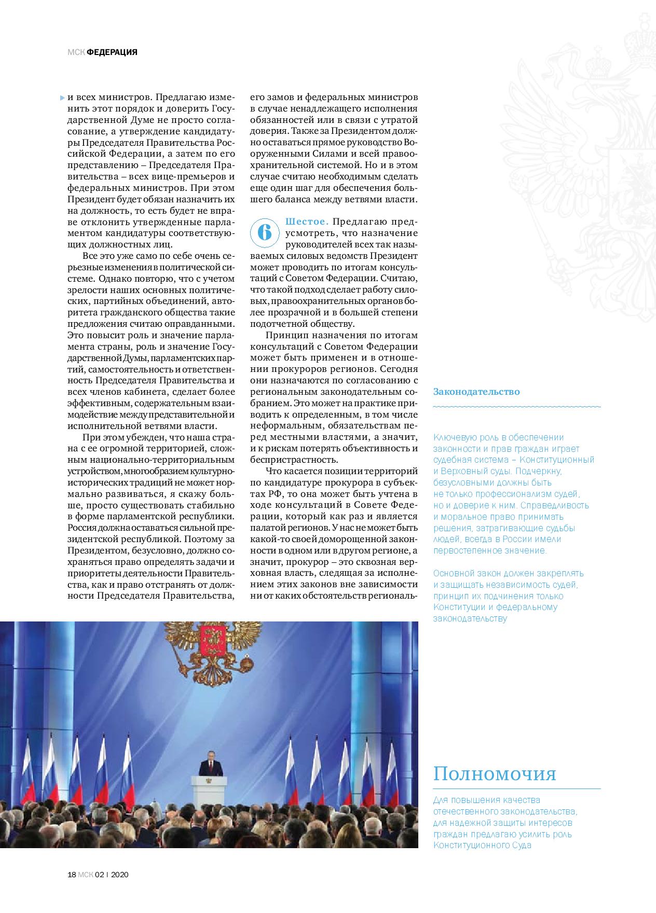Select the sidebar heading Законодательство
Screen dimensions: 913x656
click(476, 392)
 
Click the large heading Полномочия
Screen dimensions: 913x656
click(495, 774)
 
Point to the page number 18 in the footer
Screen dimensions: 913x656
click(72, 875)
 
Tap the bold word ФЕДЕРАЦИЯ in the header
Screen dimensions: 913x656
click(112, 52)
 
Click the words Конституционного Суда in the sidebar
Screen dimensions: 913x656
click(483, 846)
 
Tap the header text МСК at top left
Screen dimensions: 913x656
click(76, 52)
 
